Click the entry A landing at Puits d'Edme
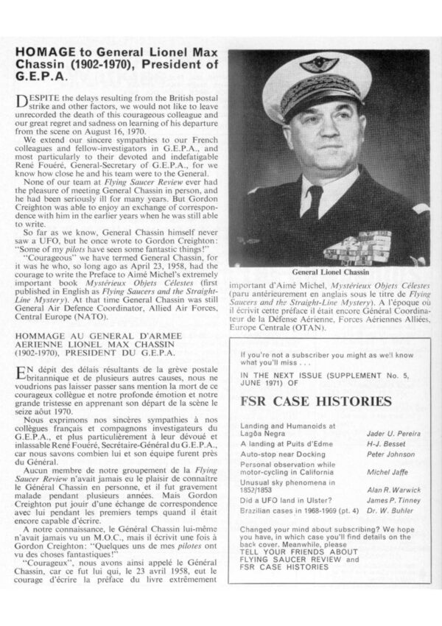click(x=284, y=444)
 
